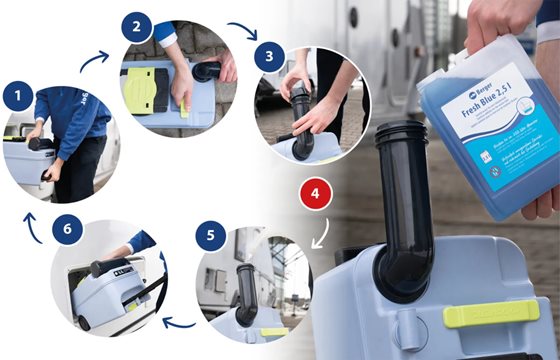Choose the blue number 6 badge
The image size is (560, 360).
coord(69,229)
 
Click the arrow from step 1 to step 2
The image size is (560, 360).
coord(94,61)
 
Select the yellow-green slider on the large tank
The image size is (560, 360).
coord(490,315)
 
